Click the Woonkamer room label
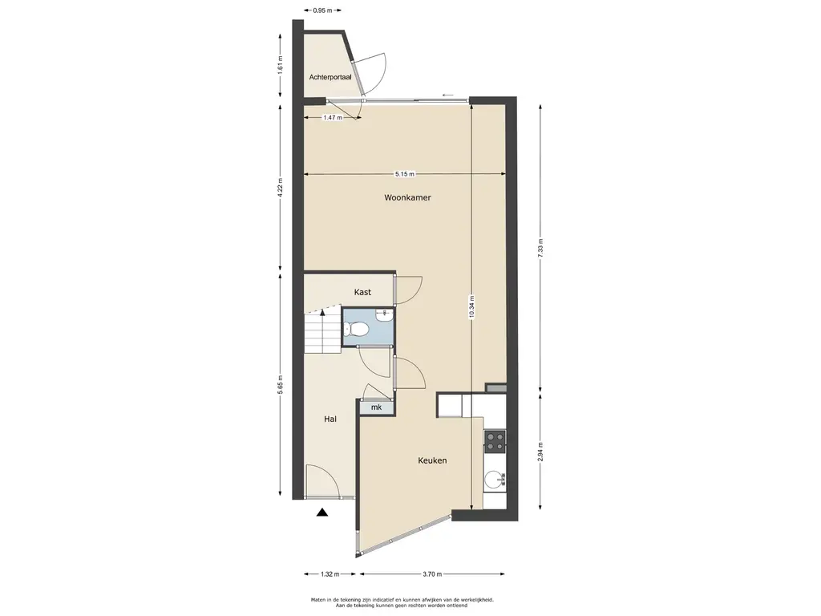[407, 197]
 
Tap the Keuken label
[432, 460]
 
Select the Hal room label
[330, 419]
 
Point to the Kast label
[362, 292]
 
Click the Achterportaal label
[330, 77]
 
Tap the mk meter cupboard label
[376, 407]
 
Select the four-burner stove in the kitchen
[495, 441]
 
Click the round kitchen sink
[494, 480]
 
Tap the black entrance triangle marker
[322, 513]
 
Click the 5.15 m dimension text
[405, 174]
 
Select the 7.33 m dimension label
[540, 247]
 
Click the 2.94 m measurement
[540, 452]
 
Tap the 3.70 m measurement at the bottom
[432, 574]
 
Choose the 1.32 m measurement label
[330, 574]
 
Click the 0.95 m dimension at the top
[322, 10]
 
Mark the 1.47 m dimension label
[333, 118]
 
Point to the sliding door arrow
[447, 95]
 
